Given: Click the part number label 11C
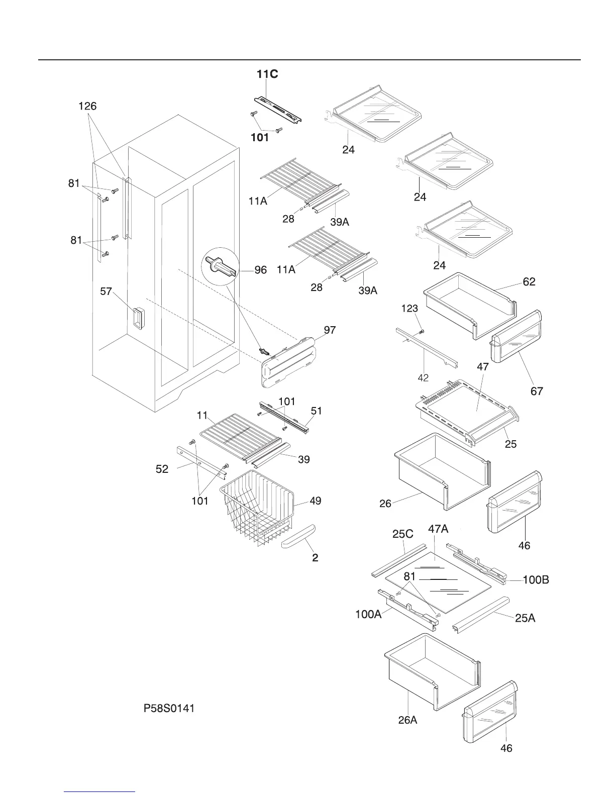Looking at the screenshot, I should coord(267,74).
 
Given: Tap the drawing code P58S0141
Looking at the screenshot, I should coord(169,709).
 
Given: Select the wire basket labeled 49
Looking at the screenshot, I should coord(256,508).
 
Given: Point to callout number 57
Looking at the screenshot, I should coord(106,291).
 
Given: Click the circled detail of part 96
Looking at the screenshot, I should coord(219,265).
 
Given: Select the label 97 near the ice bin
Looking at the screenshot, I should coord(330,330).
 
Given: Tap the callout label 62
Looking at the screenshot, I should coord(529,282).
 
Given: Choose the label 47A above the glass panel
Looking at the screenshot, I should coord(438,529).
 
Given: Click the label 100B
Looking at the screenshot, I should coord(536,580).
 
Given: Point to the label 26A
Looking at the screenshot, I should coord(407,720).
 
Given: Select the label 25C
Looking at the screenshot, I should coord(403,534).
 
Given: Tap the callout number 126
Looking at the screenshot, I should coord(87,107).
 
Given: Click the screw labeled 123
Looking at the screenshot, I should coord(422,331).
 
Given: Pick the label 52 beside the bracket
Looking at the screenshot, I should coord(162,469).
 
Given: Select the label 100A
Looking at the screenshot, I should coord(368,614).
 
